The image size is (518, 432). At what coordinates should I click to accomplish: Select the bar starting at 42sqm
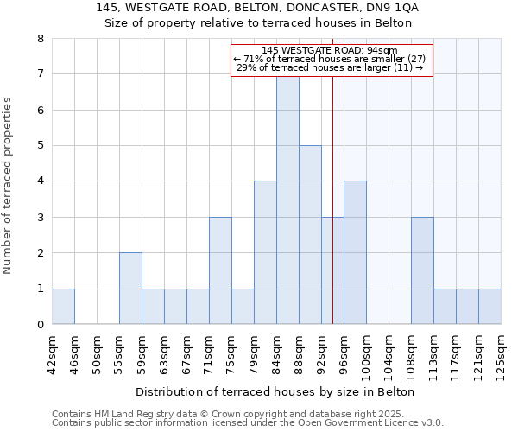point(63,307)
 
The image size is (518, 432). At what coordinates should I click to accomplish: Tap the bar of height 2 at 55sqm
point(130,289)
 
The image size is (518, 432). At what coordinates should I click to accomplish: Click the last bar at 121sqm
point(490,307)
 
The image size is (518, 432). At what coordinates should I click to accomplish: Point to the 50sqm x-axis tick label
point(97,350)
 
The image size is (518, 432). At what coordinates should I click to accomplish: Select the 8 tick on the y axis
point(41,39)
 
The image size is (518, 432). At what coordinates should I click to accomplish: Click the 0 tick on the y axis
point(41,325)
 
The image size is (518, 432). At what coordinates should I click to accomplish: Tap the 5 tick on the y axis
point(41,146)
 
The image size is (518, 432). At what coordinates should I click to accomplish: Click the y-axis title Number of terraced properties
point(8,185)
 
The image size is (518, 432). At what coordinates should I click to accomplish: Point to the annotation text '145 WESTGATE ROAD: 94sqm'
point(329,50)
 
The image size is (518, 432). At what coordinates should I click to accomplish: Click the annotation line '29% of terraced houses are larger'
point(329,67)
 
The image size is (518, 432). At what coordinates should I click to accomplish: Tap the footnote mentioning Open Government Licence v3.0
point(248,423)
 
